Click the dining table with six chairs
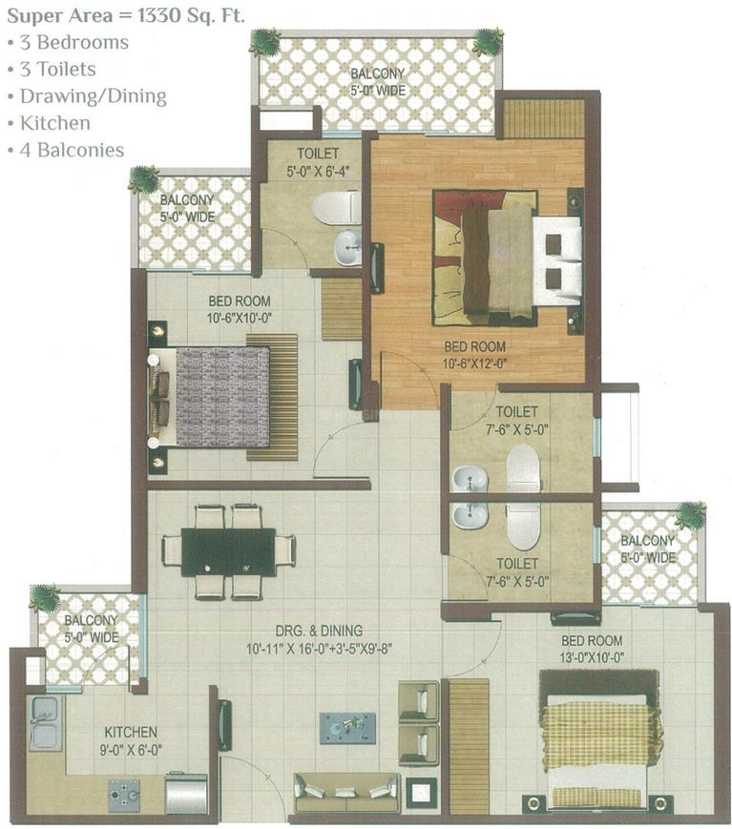pyautogui.click(x=228, y=551)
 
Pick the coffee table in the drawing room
pyautogui.click(x=346, y=727)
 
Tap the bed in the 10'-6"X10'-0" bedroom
pyautogui.click(x=215, y=396)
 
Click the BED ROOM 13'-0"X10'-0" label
pyautogui.click(x=592, y=649)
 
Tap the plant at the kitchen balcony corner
pyautogui.click(x=44, y=598)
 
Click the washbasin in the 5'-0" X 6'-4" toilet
pyautogui.click(x=345, y=248)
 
